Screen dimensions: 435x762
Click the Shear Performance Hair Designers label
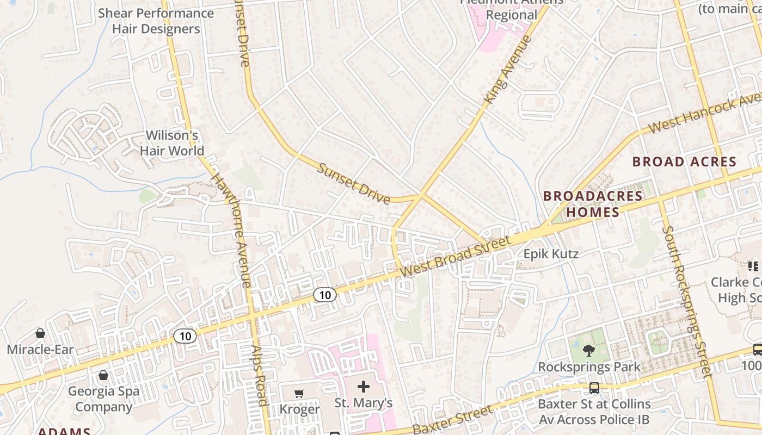(156, 21)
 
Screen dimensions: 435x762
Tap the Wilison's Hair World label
(172, 143)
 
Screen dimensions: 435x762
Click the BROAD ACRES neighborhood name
(684, 161)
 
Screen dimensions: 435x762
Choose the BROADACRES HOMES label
(593, 204)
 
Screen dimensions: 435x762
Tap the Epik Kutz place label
(551, 253)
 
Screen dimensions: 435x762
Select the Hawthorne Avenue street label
(231, 230)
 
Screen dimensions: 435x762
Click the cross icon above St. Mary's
(363, 387)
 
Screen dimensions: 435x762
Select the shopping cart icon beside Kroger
(299, 393)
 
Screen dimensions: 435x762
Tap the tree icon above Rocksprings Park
(588, 351)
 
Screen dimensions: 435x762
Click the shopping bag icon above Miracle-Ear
(40, 333)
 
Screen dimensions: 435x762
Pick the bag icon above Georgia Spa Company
(103, 375)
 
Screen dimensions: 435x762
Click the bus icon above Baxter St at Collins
(594, 388)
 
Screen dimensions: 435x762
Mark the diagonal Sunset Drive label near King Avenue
(354, 184)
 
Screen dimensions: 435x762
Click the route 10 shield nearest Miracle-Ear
(185, 336)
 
